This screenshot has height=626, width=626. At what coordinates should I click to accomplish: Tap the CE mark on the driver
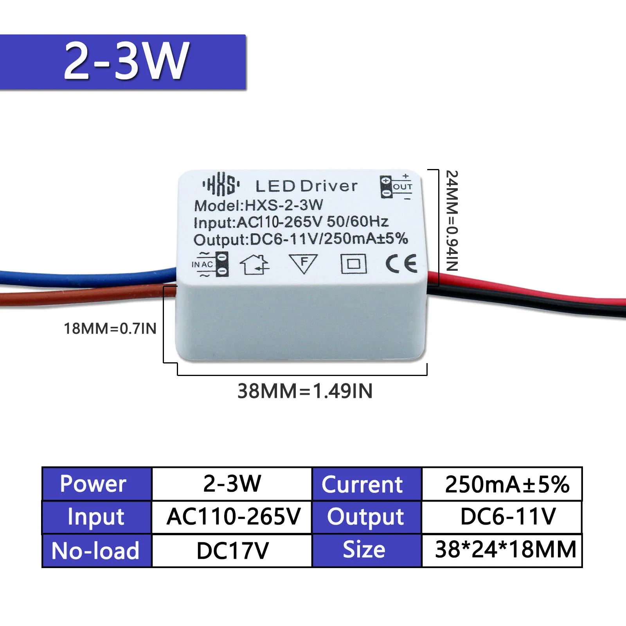401,263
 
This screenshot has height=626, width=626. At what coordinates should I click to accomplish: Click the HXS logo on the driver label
221,184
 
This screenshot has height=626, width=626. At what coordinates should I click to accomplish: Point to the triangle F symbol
303,263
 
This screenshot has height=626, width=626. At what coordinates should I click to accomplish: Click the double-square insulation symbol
353,263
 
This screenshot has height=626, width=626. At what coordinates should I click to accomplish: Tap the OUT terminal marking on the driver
396,187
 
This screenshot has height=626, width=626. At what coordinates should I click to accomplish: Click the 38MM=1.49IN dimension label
305,391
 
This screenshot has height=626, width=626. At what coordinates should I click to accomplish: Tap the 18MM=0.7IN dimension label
110,329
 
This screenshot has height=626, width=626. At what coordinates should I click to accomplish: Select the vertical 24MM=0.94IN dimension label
452,221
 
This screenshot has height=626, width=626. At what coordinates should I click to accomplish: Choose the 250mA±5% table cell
507,484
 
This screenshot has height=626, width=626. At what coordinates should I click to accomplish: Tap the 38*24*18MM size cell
505,549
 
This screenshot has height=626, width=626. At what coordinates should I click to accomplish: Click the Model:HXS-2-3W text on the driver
258,205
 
